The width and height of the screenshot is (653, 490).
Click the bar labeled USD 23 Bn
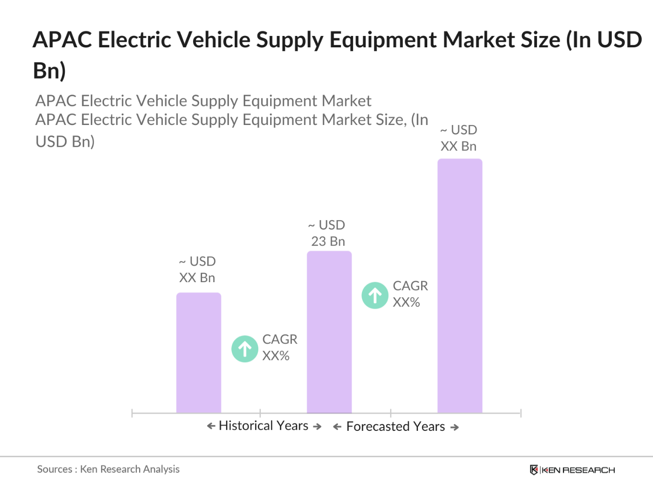pos(329,332)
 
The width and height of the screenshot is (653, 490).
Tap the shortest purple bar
pos(198,353)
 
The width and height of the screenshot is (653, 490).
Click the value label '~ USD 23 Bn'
pos(327,233)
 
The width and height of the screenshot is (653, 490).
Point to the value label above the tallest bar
pos(459,138)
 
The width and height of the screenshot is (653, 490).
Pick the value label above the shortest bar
pos(197,269)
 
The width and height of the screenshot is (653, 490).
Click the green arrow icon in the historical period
pos(245,349)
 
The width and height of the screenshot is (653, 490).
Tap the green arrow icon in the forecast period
pos(375,295)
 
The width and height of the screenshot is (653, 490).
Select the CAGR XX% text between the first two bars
pos(279,347)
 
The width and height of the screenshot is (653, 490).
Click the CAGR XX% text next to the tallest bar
pos(410,294)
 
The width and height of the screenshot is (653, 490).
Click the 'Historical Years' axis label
pos(264,426)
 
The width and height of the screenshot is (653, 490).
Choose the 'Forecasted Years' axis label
pos(396,427)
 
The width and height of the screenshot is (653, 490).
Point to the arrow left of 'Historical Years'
pos(211,426)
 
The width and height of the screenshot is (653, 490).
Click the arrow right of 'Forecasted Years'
pos(455,427)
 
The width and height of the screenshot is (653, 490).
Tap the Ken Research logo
pos(572,470)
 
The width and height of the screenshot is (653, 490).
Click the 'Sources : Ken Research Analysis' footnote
pos(108,469)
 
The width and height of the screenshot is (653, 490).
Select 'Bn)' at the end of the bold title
pos(49,71)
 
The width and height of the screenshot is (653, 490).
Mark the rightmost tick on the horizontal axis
pos(521,413)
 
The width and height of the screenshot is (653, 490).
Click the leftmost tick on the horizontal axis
pos(132,413)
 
